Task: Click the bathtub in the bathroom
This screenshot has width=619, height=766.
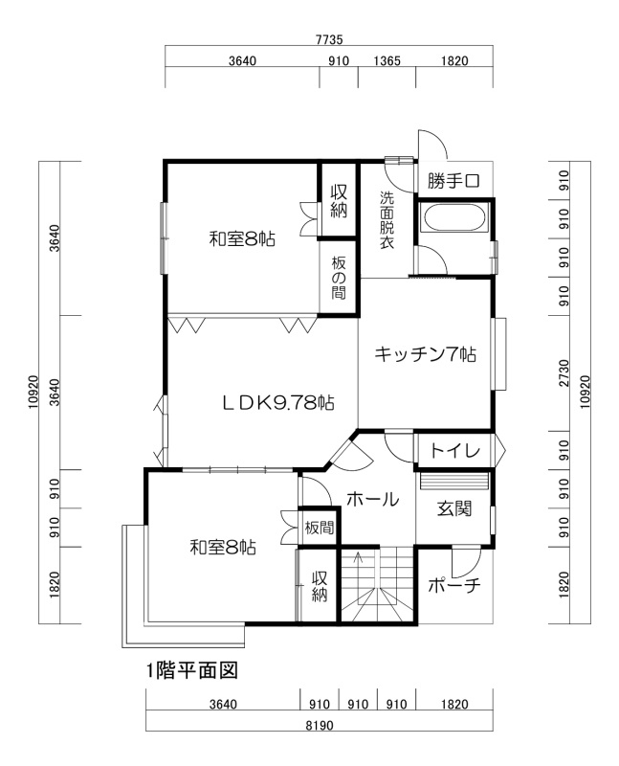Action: tap(454, 217)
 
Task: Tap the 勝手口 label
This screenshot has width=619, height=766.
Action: tap(454, 181)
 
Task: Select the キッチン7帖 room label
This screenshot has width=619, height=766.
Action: tap(425, 353)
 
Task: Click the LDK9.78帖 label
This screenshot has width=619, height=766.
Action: tap(278, 403)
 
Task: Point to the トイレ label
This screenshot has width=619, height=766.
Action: tap(455, 450)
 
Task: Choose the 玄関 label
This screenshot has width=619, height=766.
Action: tap(454, 508)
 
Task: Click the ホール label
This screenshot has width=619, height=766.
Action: tap(372, 499)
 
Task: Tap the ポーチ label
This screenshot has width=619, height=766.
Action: tap(454, 585)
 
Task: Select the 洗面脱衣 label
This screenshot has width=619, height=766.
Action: tap(387, 220)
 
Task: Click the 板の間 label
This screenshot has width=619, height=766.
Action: tap(339, 278)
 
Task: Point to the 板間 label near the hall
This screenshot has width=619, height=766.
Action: tap(320, 528)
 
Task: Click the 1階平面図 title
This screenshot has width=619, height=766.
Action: tap(192, 671)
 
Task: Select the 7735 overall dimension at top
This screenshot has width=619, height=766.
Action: tap(329, 39)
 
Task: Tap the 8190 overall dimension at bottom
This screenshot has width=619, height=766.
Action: tap(320, 725)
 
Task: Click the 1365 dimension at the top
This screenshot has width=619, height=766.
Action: tap(387, 61)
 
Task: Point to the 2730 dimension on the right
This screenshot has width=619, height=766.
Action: tap(564, 373)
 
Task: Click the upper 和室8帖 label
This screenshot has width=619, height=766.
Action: tap(242, 238)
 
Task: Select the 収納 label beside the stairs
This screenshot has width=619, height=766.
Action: tap(320, 586)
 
